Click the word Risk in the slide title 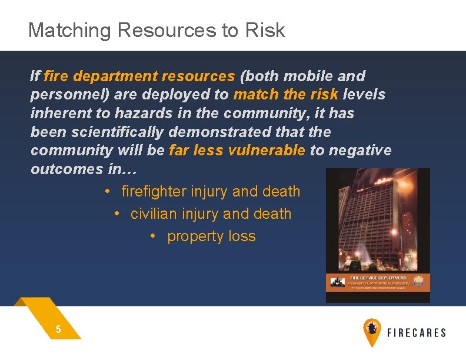[265, 30]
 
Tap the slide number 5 [58, 329]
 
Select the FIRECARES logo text [416, 332]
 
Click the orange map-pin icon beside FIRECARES [372, 332]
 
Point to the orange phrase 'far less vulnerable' [237, 150]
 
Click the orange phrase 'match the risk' [285, 94]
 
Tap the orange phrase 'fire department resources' [139, 76]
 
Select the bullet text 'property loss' [211, 236]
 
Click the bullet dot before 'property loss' [152, 236]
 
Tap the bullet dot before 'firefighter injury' [107, 191]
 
